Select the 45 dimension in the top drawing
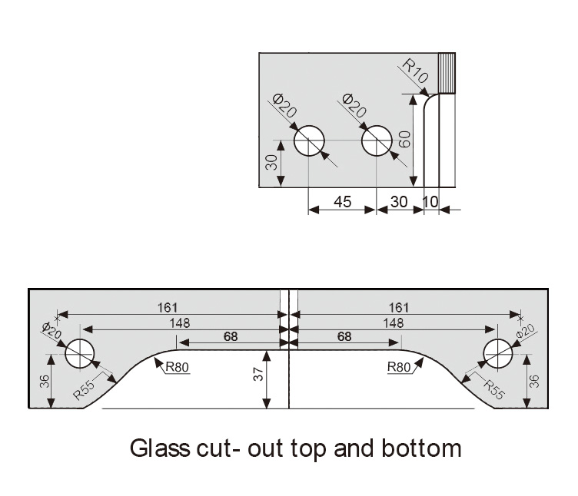342,202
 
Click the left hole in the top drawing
310,141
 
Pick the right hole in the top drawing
376,141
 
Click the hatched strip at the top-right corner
446,72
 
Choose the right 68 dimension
344,336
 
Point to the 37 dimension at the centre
259,374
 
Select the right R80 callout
400,366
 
